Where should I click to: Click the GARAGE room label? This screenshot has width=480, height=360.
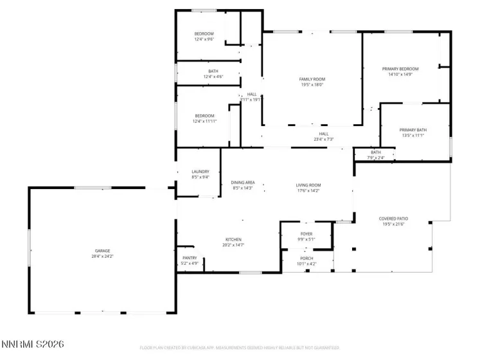(103, 251)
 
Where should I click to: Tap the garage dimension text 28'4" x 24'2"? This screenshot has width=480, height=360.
(103, 256)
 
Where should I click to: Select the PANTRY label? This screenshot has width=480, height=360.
(190, 258)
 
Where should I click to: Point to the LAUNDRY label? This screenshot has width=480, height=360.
(200, 172)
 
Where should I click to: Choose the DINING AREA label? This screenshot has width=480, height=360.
(242, 183)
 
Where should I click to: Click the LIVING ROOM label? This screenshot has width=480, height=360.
(308, 184)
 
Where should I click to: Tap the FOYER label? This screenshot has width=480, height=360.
(307, 233)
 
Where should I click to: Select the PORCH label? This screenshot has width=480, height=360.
(307, 258)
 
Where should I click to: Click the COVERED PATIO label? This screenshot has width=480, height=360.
(393, 219)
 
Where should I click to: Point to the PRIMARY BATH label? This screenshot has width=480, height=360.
(413, 130)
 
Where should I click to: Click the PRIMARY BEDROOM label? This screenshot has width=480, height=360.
(400, 69)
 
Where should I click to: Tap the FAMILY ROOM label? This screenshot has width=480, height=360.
(312, 79)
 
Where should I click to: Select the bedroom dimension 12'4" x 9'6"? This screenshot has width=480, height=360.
(204, 39)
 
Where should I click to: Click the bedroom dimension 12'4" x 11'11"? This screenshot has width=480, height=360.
(205, 122)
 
